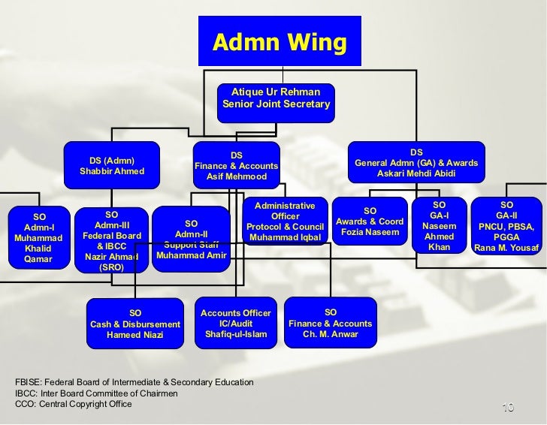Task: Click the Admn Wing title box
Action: click(x=280, y=43)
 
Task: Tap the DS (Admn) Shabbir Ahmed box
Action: click(x=112, y=166)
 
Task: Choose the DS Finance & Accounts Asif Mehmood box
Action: click(x=236, y=166)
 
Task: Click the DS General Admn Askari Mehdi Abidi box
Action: click(x=416, y=163)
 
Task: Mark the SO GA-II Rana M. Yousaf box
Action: click(x=506, y=226)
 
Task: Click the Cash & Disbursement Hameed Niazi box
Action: click(x=135, y=324)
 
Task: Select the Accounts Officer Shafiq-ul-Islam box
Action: click(x=236, y=324)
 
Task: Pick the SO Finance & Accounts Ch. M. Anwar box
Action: click(x=331, y=324)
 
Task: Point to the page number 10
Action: click(x=507, y=408)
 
